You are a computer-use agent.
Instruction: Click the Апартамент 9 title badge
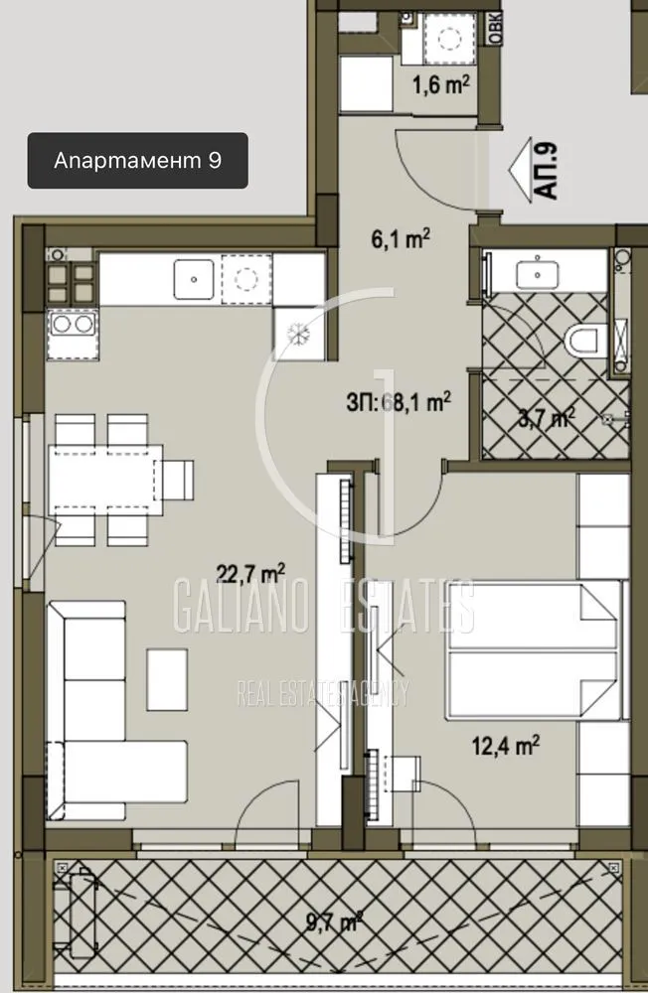point(136,161)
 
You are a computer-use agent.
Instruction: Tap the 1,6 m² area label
point(440,85)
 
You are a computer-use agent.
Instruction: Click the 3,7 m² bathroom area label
point(546,418)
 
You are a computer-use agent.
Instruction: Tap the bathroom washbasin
point(544,270)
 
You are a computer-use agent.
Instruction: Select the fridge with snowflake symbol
point(297,333)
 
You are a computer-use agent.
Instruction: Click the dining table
point(107,478)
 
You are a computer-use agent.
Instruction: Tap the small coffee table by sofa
point(167,678)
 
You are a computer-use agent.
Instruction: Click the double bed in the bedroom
point(532,649)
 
